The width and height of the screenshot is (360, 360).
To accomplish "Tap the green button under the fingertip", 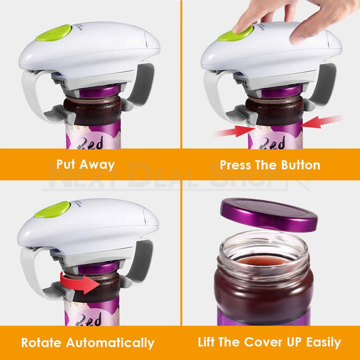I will point(235,33).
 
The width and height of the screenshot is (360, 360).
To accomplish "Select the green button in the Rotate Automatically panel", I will point(53,209).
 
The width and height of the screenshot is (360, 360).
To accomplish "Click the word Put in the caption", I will point(68,164).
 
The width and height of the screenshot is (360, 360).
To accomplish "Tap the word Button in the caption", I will point(298,164).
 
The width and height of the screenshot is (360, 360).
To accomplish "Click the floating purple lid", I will point(268,213).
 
